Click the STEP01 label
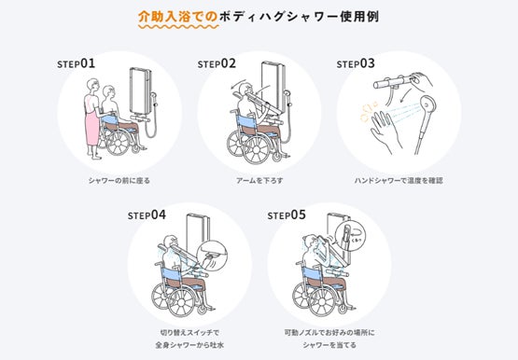tap(76, 63)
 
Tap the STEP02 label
tap(217, 63)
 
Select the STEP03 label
tap(356, 63)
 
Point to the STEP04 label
tap(147, 215)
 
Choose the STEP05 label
tap(287, 215)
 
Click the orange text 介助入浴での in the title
tap(177, 17)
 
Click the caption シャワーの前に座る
tap(119, 181)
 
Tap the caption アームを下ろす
tap(259, 181)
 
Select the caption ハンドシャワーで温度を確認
tap(399, 181)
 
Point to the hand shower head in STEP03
tap(427, 105)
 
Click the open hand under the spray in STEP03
tap(385, 131)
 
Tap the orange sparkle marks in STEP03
tap(368, 112)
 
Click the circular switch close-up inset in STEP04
tap(212, 257)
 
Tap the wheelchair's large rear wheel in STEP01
tap(118, 143)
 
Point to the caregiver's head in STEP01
tap(92, 86)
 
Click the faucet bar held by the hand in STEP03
tap(393, 82)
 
